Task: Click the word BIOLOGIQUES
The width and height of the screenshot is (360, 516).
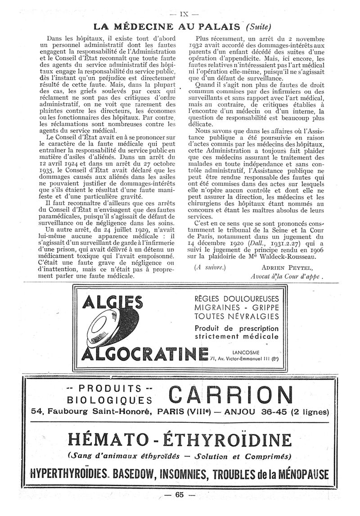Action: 108,399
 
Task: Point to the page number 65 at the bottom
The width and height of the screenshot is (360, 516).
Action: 180,495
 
